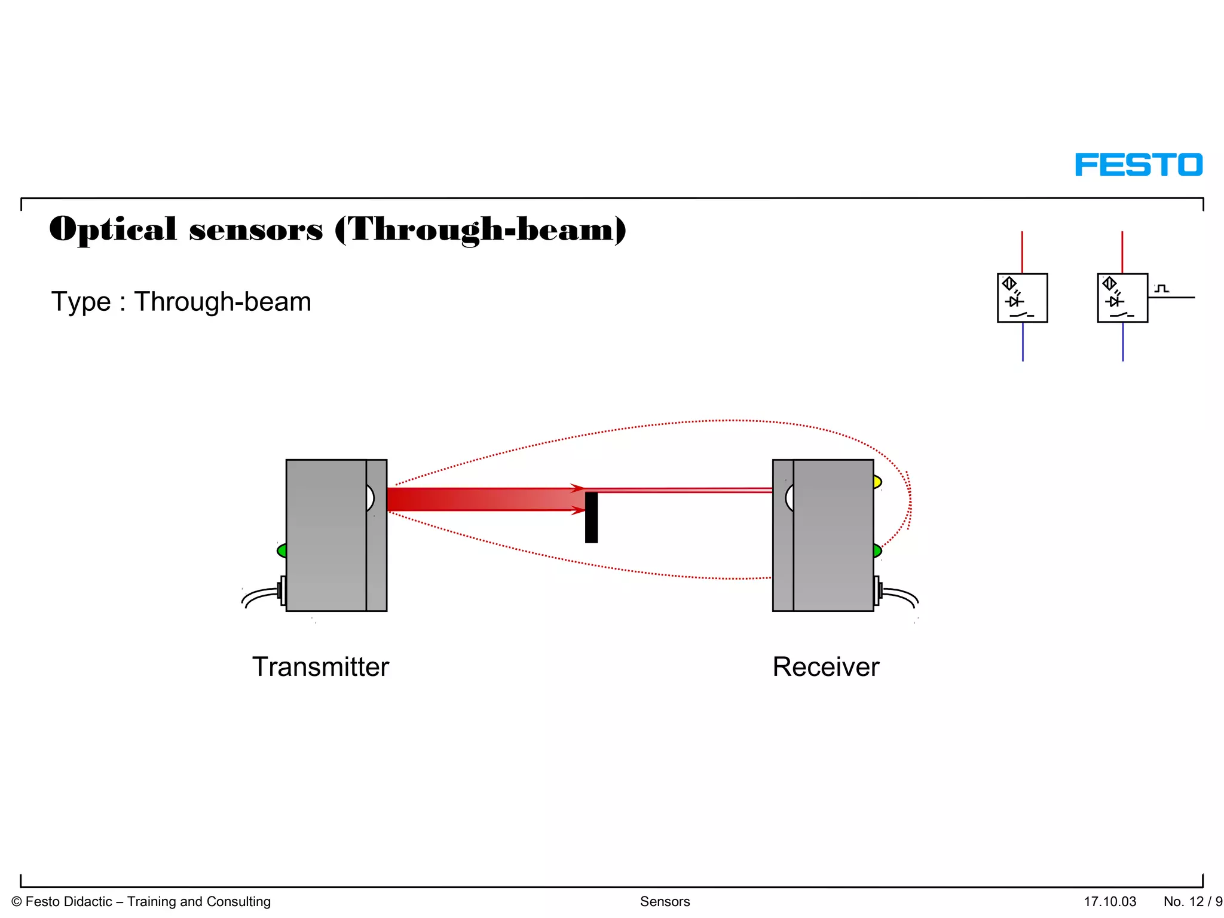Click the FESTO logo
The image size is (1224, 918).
tap(1139, 165)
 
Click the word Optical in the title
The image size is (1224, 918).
tap(113, 229)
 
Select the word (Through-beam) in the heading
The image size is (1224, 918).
tap(481, 229)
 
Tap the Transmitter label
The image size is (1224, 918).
tap(320, 666)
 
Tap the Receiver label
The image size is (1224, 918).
tap(825, 666)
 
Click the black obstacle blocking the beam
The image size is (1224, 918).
tap(591, 518)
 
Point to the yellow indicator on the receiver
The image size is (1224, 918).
tap(877, 482)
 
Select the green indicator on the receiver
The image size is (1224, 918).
tap(877, 550)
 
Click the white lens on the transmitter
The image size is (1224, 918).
tap(370, 498)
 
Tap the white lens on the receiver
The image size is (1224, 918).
tap(790, 498)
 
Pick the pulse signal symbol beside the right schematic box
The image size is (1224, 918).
tap(1161, 289)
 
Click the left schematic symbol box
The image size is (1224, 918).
tap(1022, 298)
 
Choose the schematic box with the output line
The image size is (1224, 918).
tap(1122, 298)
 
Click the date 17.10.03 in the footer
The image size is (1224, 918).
tap(1110, 901)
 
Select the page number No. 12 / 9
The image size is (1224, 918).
tap(1192, 901)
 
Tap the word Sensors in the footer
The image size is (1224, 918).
tap(665, 901)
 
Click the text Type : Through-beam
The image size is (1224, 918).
tap(181, 302)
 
